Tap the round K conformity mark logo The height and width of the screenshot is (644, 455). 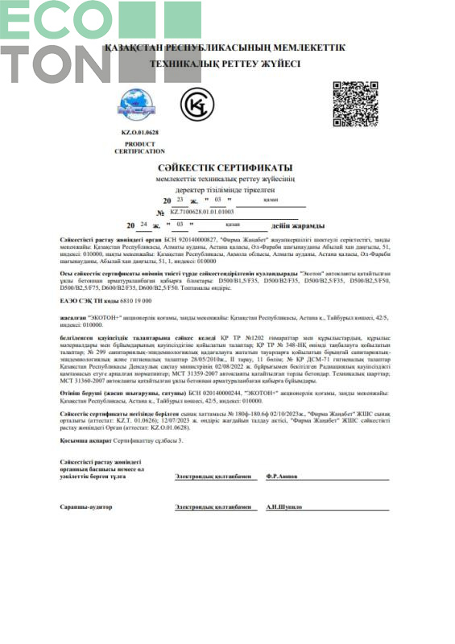[194, 104]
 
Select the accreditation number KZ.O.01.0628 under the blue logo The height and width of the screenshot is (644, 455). [140, 131]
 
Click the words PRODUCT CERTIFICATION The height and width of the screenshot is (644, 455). [140, 147]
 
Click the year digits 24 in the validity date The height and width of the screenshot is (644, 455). [143, 225]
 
